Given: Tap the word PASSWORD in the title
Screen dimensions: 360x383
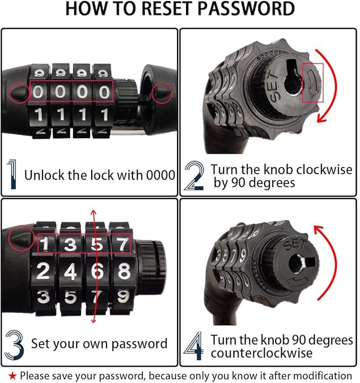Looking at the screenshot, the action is [246, 8].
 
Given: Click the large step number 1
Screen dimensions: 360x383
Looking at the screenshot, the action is [12, 174].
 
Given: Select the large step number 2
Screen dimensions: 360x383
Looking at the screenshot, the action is [194, 176].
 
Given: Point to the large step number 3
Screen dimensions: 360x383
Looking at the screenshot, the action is [14, 345].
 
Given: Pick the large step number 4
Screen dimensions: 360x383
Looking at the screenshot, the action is [194, 345].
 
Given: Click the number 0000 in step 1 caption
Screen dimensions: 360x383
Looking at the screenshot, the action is [161, 175].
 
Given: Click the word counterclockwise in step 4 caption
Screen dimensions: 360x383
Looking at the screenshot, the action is [262, 353].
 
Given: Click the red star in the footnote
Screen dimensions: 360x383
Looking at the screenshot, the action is [12, 376].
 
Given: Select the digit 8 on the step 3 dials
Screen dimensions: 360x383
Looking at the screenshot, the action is [124, 271].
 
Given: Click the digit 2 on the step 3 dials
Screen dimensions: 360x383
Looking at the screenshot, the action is [43, 271].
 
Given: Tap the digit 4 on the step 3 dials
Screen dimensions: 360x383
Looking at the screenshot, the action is [71, 271].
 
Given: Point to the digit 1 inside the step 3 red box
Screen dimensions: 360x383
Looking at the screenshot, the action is [44, 244].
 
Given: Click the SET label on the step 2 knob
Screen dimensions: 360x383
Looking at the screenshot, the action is [273, 86].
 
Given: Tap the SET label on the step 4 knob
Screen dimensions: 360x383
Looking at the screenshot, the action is [295, 244].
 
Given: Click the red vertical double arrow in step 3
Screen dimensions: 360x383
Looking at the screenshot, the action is [94, 266].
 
